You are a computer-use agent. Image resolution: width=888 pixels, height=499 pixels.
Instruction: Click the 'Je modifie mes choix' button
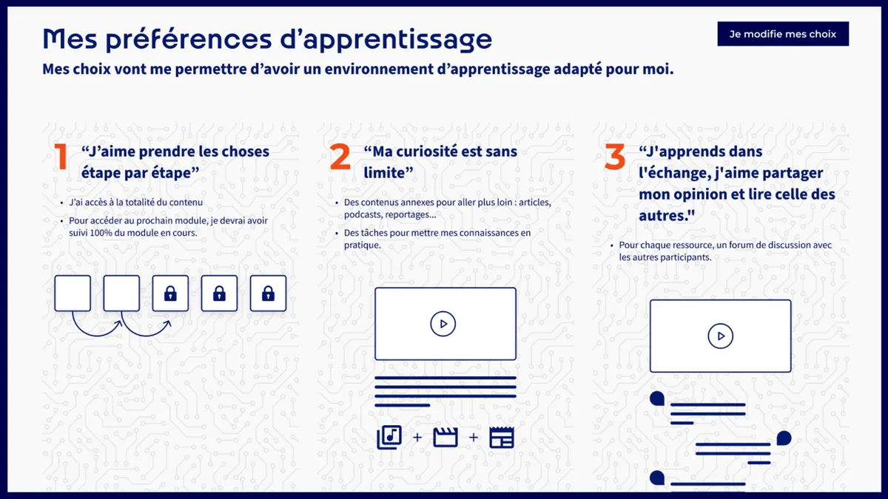point(782,34)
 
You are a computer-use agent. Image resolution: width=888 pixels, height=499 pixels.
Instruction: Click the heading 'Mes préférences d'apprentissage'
point(266,38)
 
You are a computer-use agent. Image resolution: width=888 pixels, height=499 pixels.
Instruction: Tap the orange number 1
point(61,157)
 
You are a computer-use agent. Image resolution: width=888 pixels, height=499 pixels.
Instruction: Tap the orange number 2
point(340,157)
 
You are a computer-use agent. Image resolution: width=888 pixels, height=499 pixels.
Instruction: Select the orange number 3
point(614,157)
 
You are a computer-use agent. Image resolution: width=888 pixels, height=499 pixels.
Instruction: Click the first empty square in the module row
point(73,293)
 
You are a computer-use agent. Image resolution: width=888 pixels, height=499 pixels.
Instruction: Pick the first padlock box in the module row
point(170,293)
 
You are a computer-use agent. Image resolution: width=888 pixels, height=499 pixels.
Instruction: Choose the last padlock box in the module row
point(268,293)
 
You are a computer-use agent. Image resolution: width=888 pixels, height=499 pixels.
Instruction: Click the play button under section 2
point(443,323)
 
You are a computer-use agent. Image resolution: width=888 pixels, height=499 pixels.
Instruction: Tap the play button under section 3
point(720,336)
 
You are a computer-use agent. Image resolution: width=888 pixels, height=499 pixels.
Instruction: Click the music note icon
point(389,437)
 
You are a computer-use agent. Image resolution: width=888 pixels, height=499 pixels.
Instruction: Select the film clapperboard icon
point(445,437)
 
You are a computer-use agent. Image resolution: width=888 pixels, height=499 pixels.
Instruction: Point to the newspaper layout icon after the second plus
point(502,437)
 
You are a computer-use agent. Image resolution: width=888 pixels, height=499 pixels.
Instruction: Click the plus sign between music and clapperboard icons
point(417,438)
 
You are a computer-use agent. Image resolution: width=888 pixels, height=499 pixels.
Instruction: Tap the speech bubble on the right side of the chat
point(783,438)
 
